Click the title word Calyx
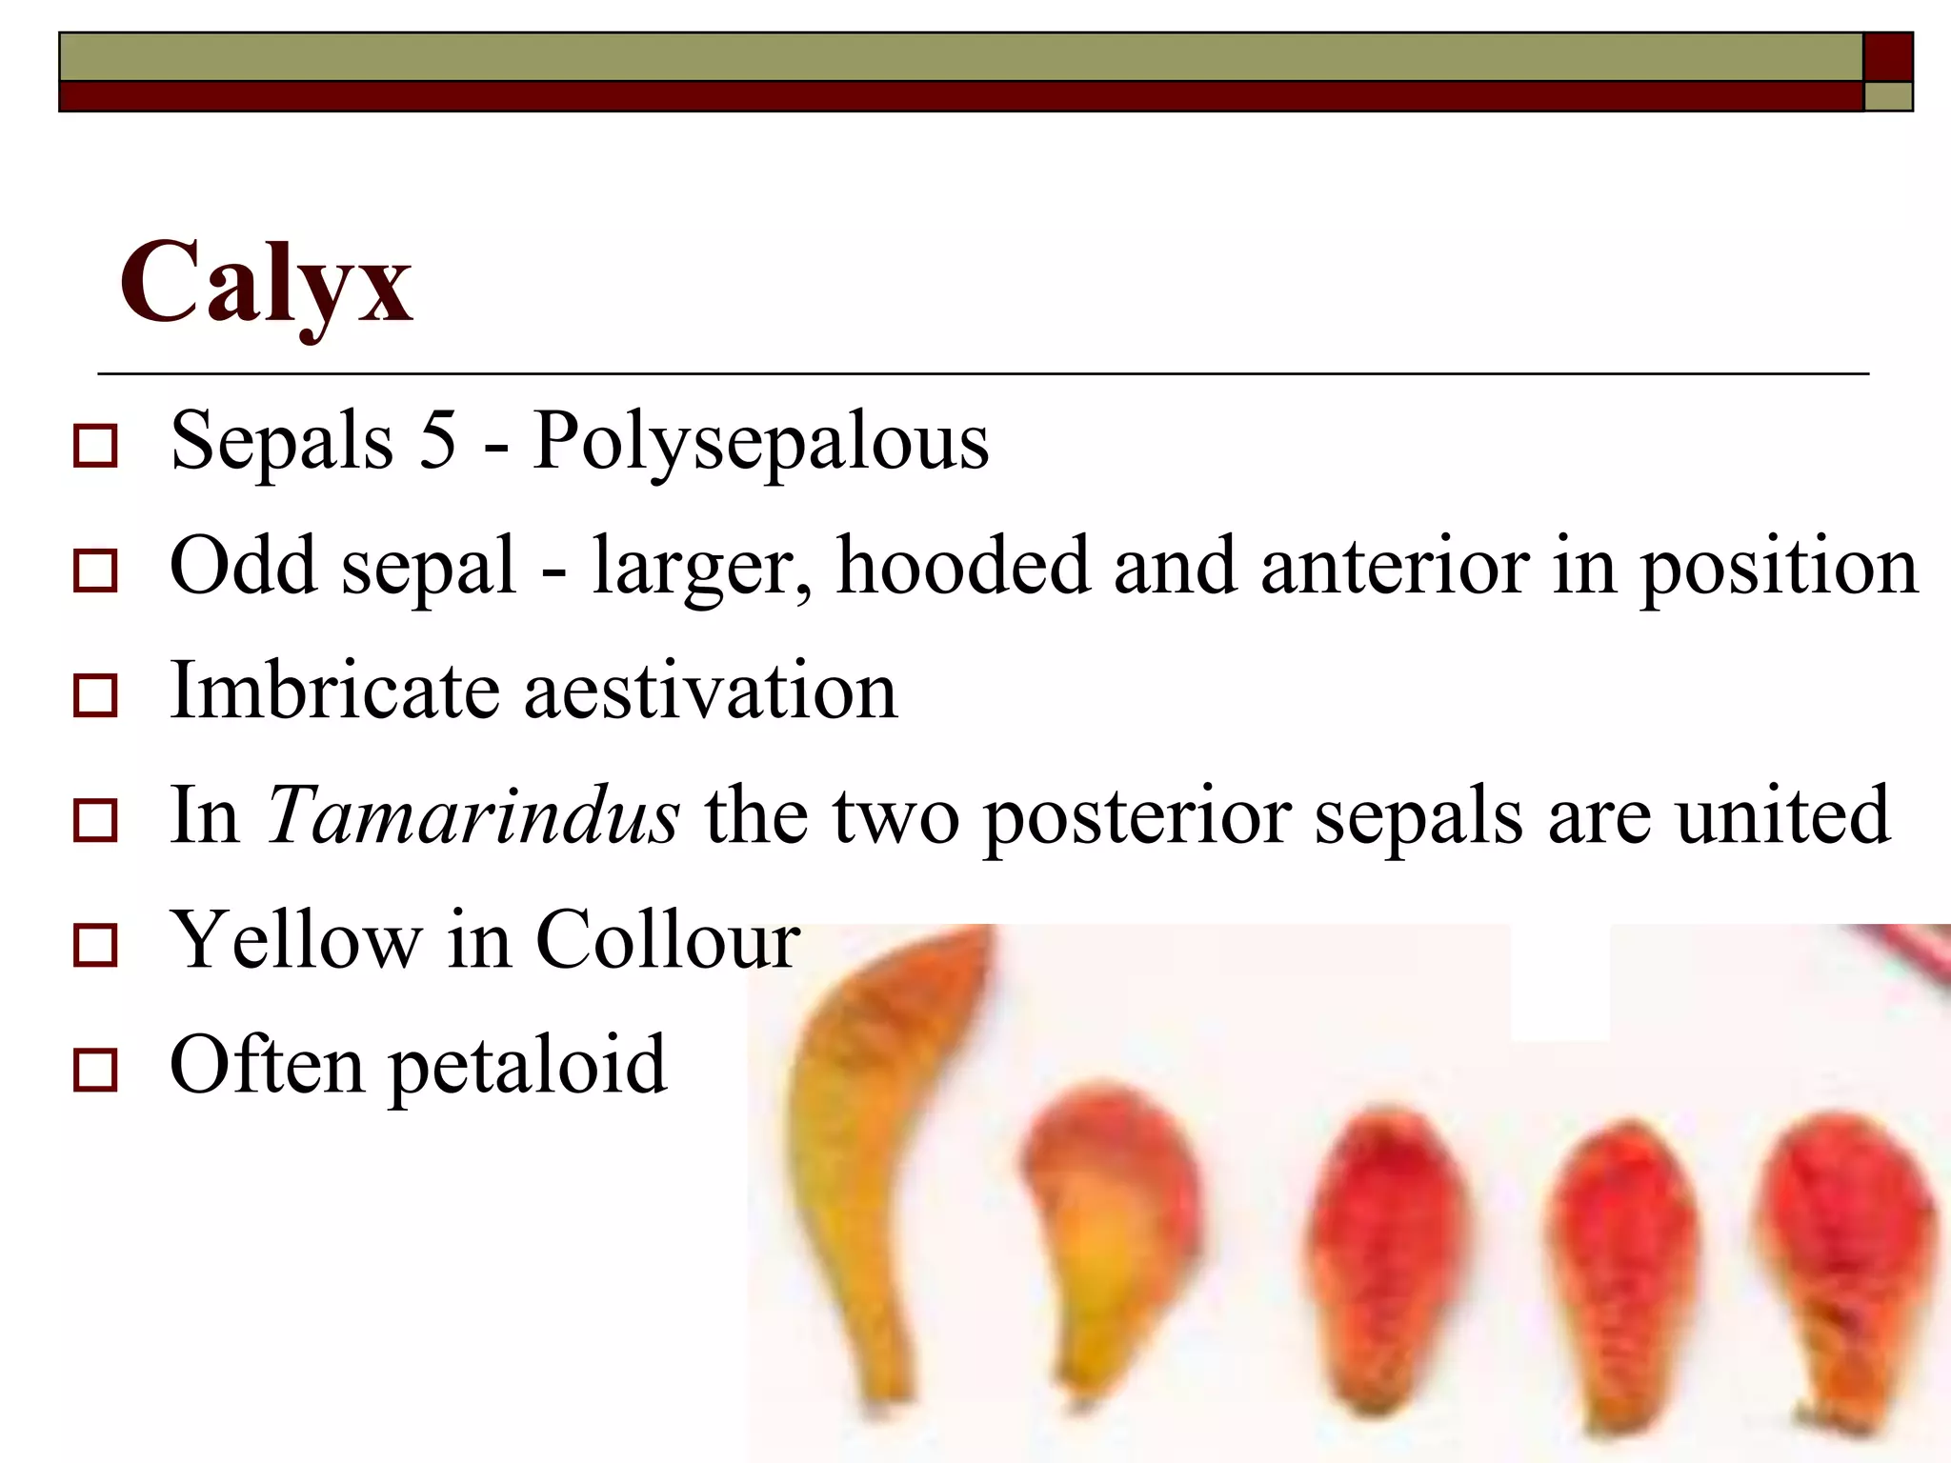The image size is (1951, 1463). click(x=266, y=283)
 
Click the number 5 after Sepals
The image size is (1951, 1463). click(x=438, y=440)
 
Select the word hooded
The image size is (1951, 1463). click(x=962, y=566)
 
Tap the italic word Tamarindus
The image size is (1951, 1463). click(x=473, y=815)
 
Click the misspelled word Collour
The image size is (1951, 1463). click(x=668, y=940)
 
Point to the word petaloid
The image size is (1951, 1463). click(x=528, y=1066)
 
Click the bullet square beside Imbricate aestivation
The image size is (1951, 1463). click(x=95, y=695)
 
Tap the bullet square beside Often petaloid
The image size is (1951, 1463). click(x=95, y=1070)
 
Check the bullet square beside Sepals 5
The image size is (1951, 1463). click(x=95, y=446)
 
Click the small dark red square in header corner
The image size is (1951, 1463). click(x=1887, y=57)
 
